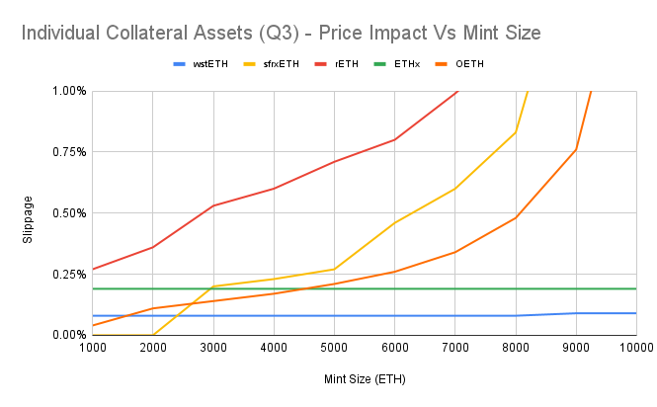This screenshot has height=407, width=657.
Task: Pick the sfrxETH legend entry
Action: [280, 64]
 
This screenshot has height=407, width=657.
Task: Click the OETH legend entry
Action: [469, 64]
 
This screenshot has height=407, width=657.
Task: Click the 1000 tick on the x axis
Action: [92, 348]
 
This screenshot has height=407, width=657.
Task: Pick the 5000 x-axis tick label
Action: [334, 348]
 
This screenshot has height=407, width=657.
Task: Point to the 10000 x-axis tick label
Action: [635, 348]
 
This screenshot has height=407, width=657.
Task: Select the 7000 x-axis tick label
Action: [454, 348]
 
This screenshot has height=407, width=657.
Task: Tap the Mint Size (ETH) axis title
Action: [364, 378]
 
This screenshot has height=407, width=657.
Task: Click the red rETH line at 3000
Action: [213, 205]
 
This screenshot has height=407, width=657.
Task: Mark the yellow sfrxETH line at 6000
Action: [394, 223]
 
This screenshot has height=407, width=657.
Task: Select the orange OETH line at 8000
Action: [515, 217]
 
